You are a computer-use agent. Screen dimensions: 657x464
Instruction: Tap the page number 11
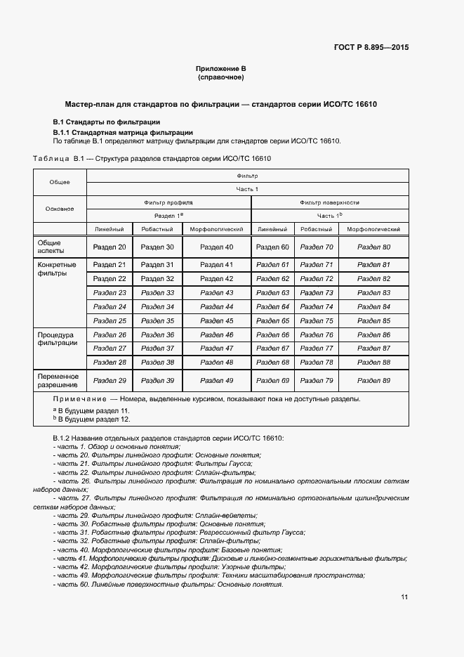(404, 597)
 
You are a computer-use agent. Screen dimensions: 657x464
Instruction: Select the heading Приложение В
(221, 68)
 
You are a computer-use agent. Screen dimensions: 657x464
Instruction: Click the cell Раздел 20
(110, 247)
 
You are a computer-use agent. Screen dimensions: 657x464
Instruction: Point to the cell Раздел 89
(373, 380)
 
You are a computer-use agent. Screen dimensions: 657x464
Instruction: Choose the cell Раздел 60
(272, 247)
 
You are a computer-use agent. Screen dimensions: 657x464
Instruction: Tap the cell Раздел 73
(316, 292)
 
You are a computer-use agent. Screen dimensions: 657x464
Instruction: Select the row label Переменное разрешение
(59, 380)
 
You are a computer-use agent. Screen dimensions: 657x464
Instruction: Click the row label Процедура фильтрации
(58, 339)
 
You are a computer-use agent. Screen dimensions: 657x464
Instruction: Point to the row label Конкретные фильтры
(57, 269)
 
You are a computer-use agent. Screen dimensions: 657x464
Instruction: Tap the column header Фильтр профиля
(168, 202)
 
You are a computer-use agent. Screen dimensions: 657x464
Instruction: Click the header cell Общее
(60, 182)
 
